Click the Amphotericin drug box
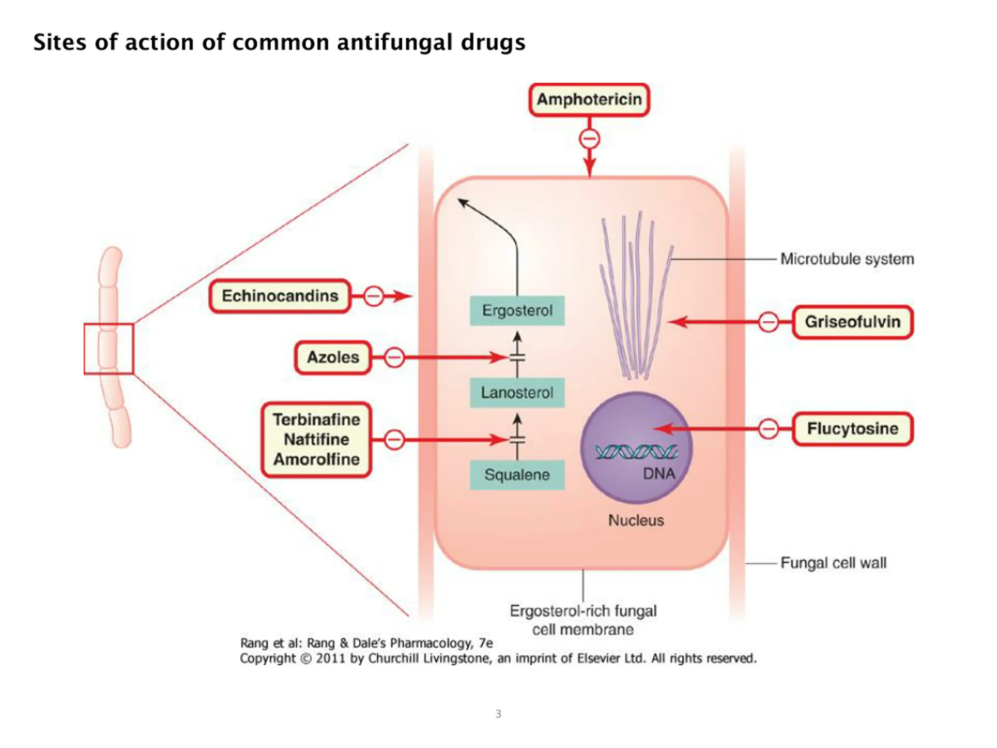[x=589, y=100]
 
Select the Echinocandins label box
[x=280, y=296]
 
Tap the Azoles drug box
[x=333, y=358]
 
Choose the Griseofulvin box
[x=853, y=322]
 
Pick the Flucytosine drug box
[x=853, y=429]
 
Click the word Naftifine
[x=316, y=439]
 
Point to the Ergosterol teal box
[x=517, y=310]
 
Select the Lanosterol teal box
[x=517, y=393]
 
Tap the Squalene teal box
[x=517, y=475]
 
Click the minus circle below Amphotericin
[x=590, y=138]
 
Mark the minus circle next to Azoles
[x=394, y=358]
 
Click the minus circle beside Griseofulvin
[x=768, y=322]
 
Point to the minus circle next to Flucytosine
[x=768, y=429]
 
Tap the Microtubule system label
[x=847, y=259]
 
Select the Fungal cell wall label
[x=833, y=563]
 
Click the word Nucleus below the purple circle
[x=636, y=521]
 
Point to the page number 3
[x=498, y=714]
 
